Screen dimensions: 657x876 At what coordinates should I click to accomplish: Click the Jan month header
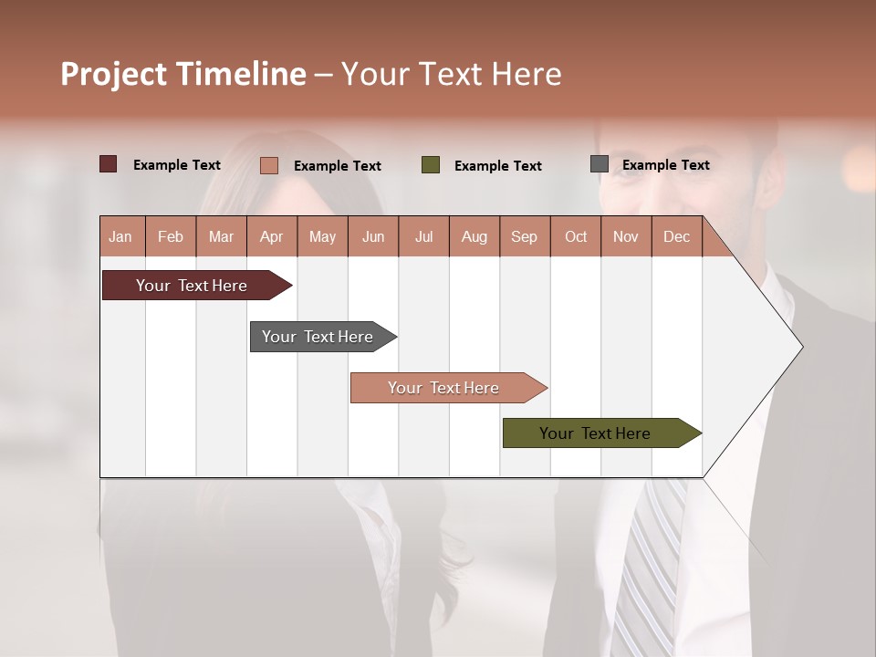click(121, 236)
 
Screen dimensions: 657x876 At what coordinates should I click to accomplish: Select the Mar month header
click(221, 236)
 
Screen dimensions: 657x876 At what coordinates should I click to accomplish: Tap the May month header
click(322, 236)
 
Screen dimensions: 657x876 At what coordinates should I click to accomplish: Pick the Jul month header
click(423, 236)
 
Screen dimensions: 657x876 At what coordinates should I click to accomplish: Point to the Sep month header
click(524, 236)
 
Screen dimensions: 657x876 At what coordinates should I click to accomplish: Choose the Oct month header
click(576, 236)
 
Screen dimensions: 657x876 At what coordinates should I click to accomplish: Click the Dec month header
click(676, 236)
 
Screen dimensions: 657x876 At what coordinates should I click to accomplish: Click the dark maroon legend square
click(108, 164)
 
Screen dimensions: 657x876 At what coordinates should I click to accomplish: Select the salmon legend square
click(268, 165)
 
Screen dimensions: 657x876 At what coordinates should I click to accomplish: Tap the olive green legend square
click(431, 165)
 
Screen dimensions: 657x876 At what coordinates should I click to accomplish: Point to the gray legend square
click(600, 164)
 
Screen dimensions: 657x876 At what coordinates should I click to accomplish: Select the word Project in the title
click(112, 74)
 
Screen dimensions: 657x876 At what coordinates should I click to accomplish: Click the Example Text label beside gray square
click(665, 165)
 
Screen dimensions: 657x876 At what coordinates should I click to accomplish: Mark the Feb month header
click(171, 236)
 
